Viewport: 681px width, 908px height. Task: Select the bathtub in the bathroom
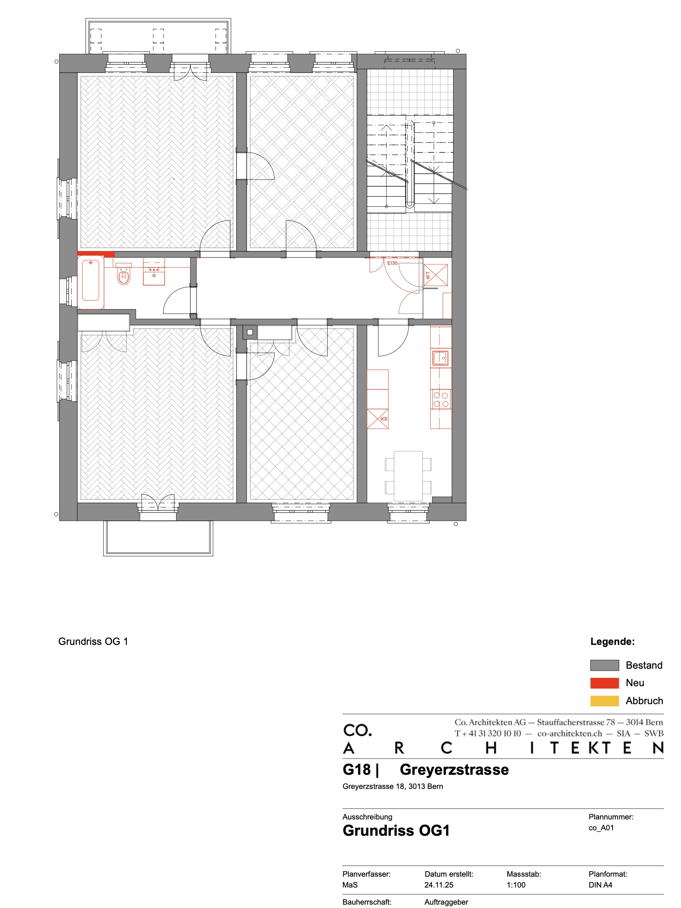(x=91, y=283)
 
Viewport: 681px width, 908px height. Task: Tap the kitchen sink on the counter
(x=440, y=358)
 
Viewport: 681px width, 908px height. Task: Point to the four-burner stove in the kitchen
(x=441, y=399)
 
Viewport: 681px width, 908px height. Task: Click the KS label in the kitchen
(x=384, y=419)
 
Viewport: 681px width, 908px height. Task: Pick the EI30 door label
(x=392, y=263)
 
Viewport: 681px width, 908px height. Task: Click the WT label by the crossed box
(x=428, y=275)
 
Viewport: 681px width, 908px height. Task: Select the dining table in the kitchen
(x=408, y=476)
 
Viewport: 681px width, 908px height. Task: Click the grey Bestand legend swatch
(x=604, y=665)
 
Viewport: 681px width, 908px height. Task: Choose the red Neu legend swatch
(x=604, y=683)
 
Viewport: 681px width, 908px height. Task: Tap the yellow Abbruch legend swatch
(x=604, y=701)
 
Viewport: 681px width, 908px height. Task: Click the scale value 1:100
(x=516, y=885)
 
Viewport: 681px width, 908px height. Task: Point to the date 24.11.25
(x=439, y=885)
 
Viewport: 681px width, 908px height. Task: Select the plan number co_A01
(x=601, y=828)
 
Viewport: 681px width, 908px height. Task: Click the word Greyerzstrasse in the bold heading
(x=454, y=770)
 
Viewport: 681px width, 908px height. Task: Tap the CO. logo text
(x=358, y=730)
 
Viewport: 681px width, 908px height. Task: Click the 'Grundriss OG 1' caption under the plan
(x=93, y=642)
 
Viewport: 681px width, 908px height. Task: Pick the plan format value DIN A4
(x=600, y=885)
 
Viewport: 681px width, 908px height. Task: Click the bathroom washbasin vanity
(x=154, y=272)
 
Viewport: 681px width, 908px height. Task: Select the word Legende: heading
(x=613, y=642)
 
